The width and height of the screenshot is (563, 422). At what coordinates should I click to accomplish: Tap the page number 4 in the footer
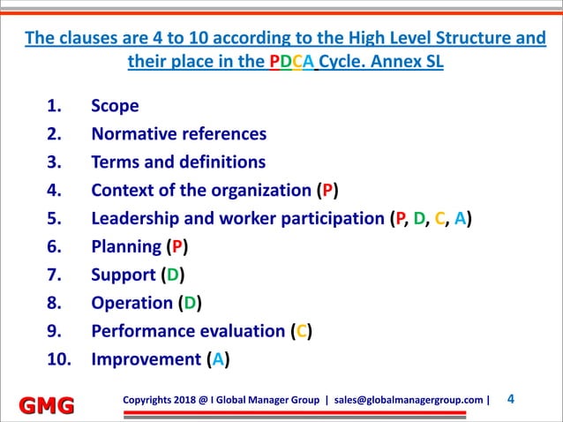(512, 399)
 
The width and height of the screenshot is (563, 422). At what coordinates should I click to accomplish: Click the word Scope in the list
(115, 106)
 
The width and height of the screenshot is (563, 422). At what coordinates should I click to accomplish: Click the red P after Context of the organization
(327, 191)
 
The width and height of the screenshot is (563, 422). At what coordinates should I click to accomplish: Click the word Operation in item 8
(131, 304)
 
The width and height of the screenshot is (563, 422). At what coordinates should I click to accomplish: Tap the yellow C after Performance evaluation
(302, 332)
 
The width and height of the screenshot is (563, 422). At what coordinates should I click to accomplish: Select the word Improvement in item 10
(146, 360)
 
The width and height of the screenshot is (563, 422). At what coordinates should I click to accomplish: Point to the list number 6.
(53, 247)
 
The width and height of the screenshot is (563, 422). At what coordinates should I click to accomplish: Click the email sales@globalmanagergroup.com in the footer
(409, 399)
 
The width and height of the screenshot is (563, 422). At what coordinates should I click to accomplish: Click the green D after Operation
(187, 304)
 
